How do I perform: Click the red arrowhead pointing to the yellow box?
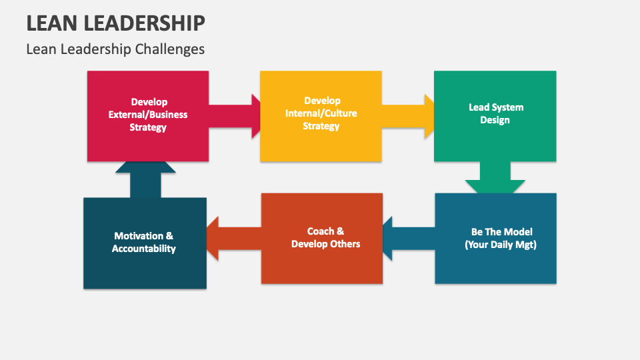tap(255, 116)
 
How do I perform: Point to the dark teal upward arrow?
tap(145, 177)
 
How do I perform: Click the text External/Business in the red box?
tap(148, 115)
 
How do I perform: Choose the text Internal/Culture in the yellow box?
tap(321, 113)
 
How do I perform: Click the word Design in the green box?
tap(495, 120)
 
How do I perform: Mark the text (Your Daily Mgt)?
tap(500, 245)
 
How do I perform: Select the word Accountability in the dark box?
tap(144, 249)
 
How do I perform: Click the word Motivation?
tap(139, 236)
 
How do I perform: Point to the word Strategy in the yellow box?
tap(321, 126)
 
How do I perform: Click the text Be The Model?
tap(501, 232)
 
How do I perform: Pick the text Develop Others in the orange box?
tap(326, 244)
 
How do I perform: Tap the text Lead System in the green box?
tap(495, 107)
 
